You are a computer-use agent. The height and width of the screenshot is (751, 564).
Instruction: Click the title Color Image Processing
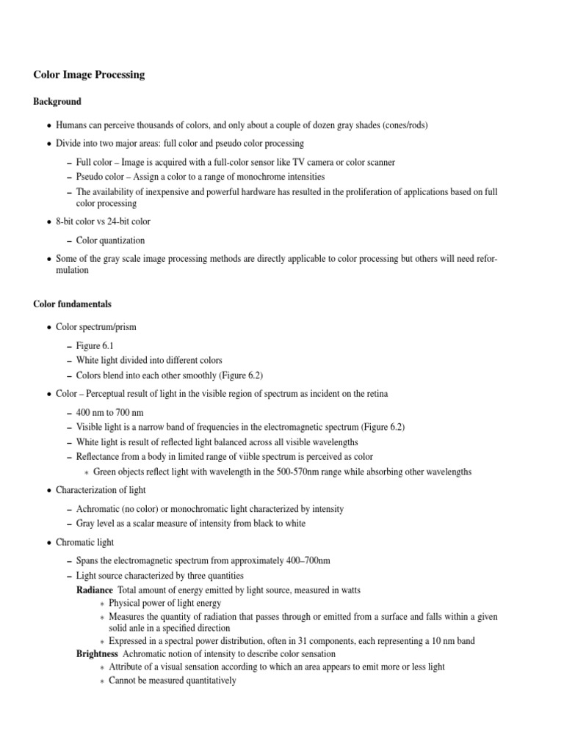click(x=89, y=75)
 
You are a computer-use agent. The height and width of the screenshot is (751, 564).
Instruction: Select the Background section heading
click(x=57, y=101)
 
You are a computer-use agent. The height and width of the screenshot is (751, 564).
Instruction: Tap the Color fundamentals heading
click(x=73, y=304)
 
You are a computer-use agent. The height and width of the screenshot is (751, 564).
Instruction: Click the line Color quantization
click(x=110, y=240)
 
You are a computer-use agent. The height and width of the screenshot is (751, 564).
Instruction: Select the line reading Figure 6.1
click(x=94, y=345)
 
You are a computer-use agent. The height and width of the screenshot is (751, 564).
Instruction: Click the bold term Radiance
click(x=95, y=590)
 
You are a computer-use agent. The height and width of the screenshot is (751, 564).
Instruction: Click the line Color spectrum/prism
click(x=96, y=327)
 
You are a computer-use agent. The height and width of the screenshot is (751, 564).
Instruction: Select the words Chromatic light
click(x=85, y=542)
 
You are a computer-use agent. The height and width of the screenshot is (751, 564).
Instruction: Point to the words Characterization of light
click(x=101, y=490)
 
